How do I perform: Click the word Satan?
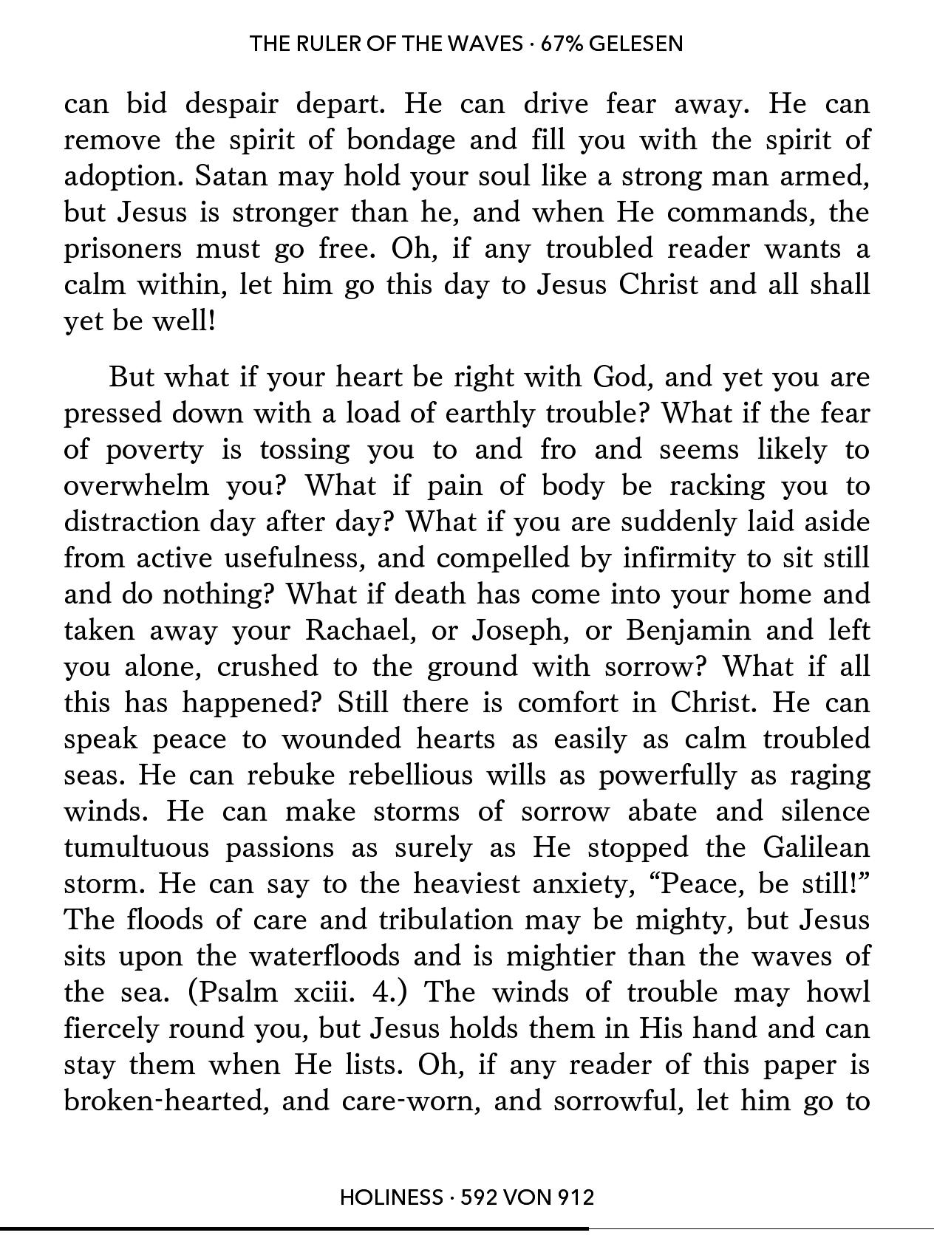[x=238, y=177]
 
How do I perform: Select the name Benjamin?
[x=689, y=630]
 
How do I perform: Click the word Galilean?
[x=816, y=847]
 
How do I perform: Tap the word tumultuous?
[x=137, y=847]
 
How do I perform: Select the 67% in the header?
[x=562, y=44]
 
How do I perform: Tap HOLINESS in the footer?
[x=390, y=1197]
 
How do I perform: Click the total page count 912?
[x=575, y=1197]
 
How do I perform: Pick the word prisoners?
[x=123, y=249]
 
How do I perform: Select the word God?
[x=621, y=377]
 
